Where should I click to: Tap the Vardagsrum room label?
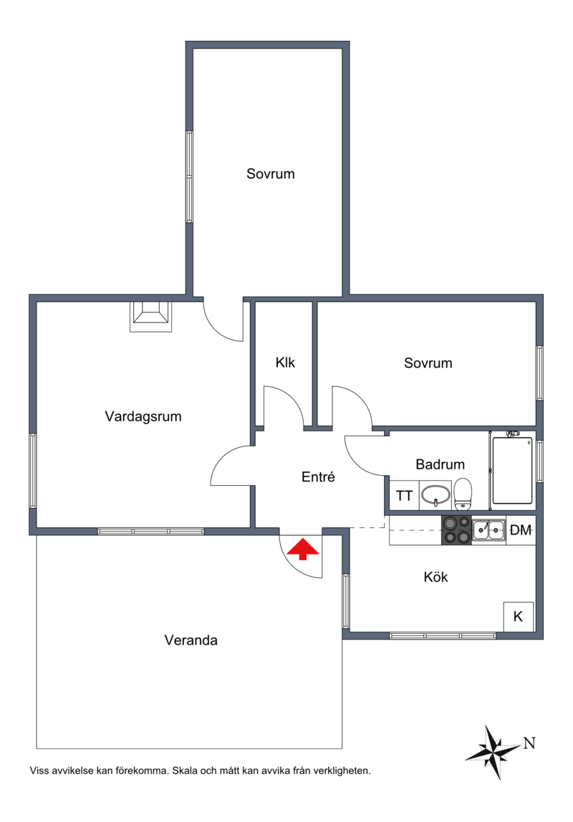[143, 417]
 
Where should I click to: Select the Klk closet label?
[285, 362]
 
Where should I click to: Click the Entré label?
[318, 476]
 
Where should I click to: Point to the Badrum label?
[440, 464]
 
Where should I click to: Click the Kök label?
[435, 577]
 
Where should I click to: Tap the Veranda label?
[191, 640]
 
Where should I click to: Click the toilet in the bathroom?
[462, 494]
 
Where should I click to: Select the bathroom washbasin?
[435, 495]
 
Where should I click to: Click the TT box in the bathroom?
[404, 495]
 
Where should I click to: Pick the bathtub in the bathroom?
[512, 470]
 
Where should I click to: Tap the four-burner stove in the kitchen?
[456, 531]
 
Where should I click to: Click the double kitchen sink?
[488, 530]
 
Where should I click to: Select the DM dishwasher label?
[521, 530]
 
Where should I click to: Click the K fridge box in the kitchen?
[519, 617]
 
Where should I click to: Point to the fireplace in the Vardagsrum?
[151, 316]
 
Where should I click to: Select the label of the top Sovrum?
[271, 174]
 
